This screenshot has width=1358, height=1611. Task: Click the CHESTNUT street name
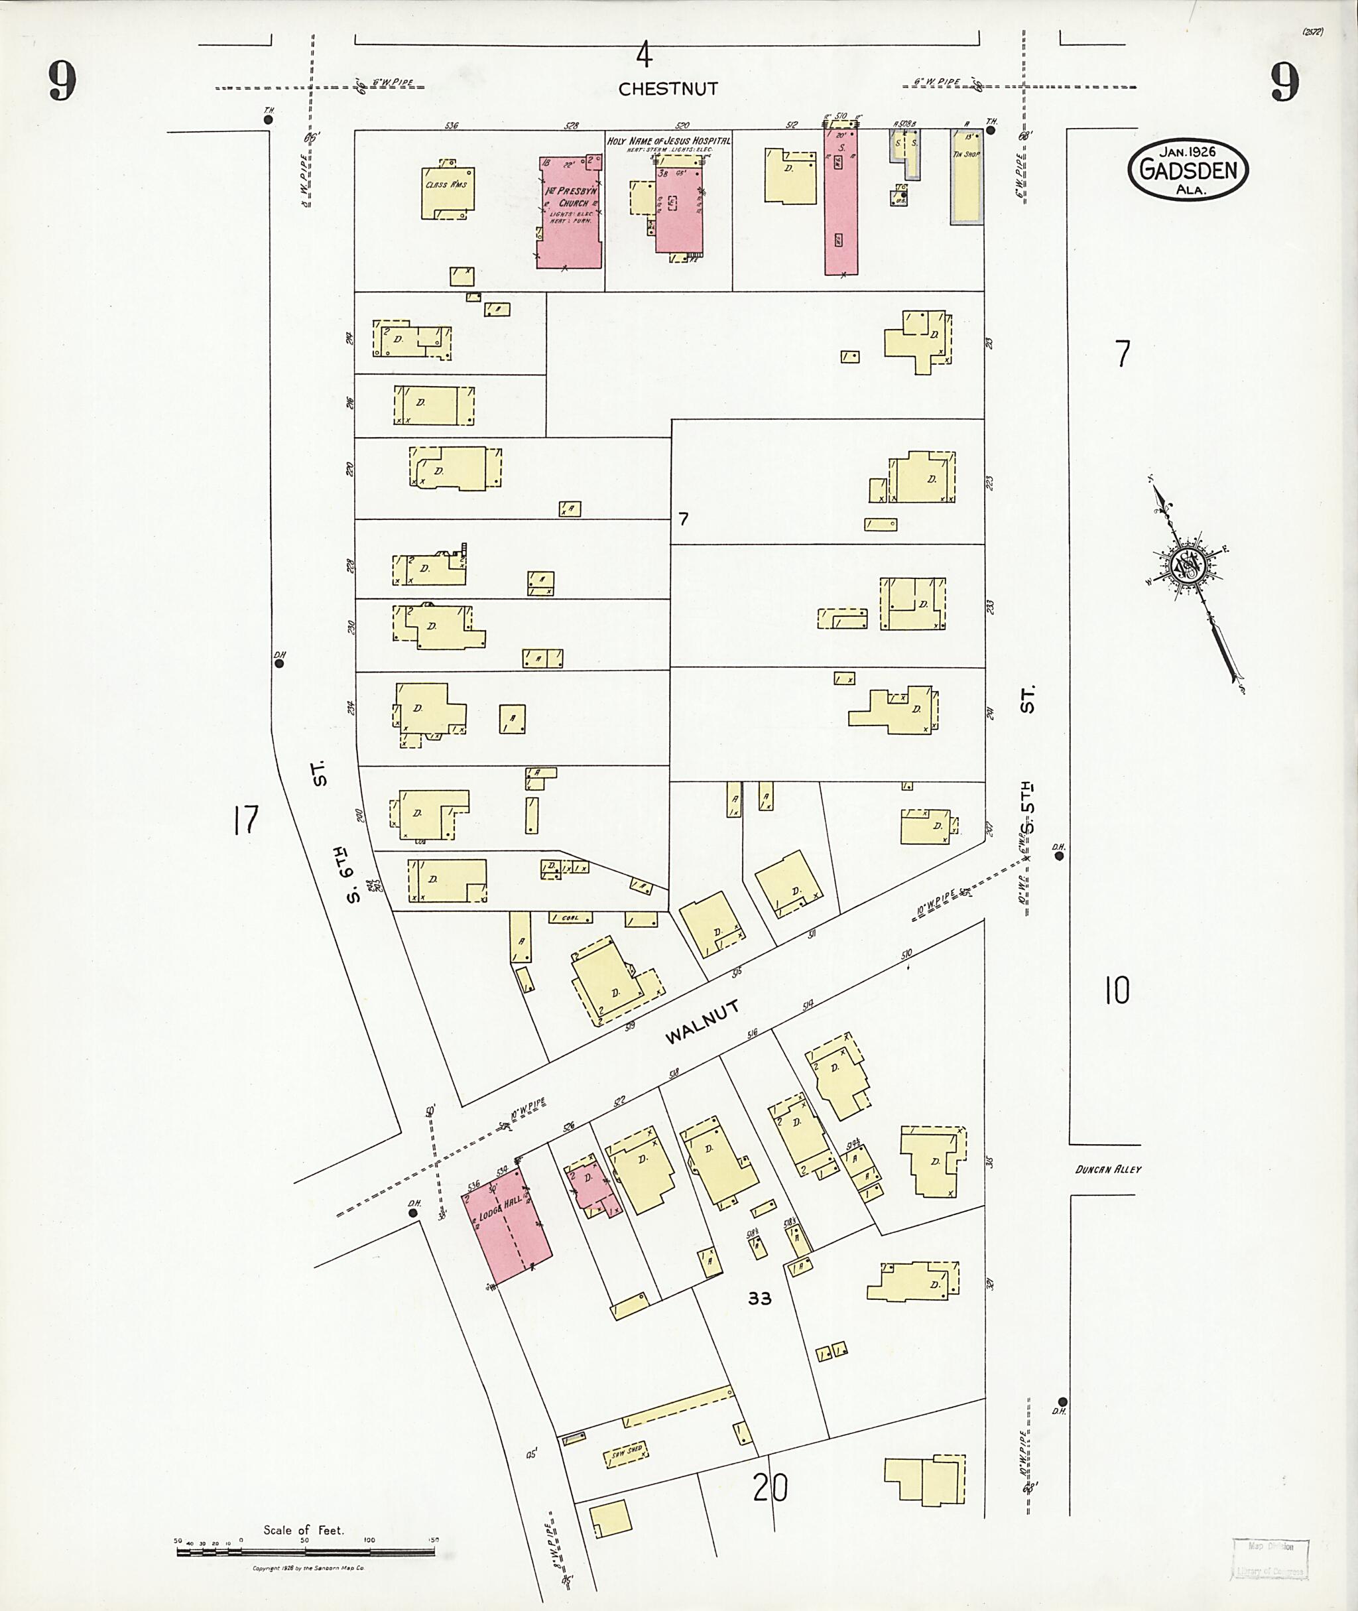[668, 90]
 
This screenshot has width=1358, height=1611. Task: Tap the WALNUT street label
[702, 1022]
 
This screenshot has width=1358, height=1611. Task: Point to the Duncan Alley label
[1108, 1169]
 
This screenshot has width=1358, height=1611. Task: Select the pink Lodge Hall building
[506, 1226]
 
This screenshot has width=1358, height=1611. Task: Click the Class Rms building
[448, 192]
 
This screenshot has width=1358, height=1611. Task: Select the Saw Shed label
[626, 1452]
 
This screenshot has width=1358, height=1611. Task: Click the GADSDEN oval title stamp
[1187, 169]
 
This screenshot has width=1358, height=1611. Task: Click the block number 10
[1116, 990]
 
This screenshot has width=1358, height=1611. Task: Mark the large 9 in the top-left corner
[62, 82]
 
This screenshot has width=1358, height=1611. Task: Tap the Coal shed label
[570, 918]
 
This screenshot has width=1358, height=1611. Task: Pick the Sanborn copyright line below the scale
[308, 1568]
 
